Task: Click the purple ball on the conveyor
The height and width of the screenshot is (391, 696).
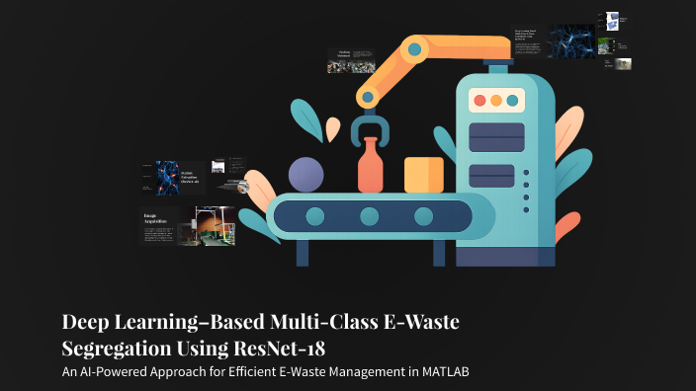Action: pos(305,175)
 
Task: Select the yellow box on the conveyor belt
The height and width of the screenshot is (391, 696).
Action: pos(423,175)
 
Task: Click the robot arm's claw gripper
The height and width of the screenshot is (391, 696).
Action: pos(372,129)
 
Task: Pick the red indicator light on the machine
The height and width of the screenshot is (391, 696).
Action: pos(479,101)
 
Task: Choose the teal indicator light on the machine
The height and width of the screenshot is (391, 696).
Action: pos(512,101)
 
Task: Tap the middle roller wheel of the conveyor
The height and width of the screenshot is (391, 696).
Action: pos(370,216)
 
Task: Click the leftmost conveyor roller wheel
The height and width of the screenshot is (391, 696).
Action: pos(315,216)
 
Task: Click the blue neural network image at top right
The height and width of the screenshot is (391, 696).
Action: pos(572,41)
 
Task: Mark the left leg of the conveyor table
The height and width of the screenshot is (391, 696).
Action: pos(303,253)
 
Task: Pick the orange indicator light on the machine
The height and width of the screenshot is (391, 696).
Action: pos(496,101)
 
